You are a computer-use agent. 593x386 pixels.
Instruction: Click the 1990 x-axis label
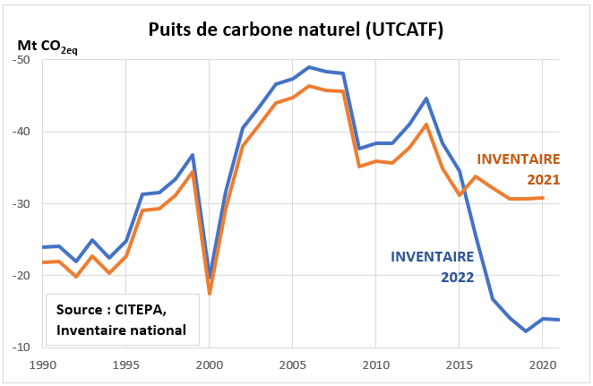coord(42,366)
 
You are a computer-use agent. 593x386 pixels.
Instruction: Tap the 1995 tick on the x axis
coord(125,366)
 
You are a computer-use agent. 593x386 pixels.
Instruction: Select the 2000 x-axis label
coord(209,366)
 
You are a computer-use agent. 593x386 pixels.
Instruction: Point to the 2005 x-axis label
coord(292,366)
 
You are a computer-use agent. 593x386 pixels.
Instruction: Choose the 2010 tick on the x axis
coord(375,366)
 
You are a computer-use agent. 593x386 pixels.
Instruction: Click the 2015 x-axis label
coord(460,366)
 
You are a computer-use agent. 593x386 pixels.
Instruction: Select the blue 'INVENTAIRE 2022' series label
coord(434,266)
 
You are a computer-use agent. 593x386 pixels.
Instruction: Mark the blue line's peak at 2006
coord(309,67)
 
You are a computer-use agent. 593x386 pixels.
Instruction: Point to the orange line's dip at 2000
coord(209,294)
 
